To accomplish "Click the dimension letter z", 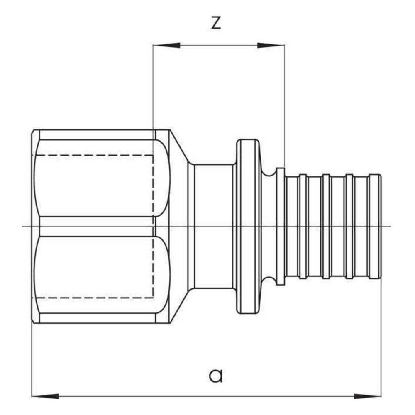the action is pos(216,23).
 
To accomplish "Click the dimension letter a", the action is pos(216,375).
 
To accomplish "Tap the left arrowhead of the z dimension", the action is pos(166,46).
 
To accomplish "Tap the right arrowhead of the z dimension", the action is pos(271,46).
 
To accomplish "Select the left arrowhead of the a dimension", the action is pos(45,396).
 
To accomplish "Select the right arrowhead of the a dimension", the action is pos(368,396).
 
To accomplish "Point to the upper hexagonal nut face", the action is pos(103,178).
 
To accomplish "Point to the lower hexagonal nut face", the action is pos(103,275).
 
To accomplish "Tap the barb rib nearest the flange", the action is pos(303,227).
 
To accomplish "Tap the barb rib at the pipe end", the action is pos(375,227).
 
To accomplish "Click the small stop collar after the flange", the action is pos(280,227).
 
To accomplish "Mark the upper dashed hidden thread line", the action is pos(93,155).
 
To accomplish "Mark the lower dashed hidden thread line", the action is pos(93,298).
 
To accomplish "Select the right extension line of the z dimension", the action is pos(285,106).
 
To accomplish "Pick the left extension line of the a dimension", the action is pos(32,360).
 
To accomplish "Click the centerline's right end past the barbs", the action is pos(391,227).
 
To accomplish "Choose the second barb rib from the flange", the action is pos(326,227).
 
